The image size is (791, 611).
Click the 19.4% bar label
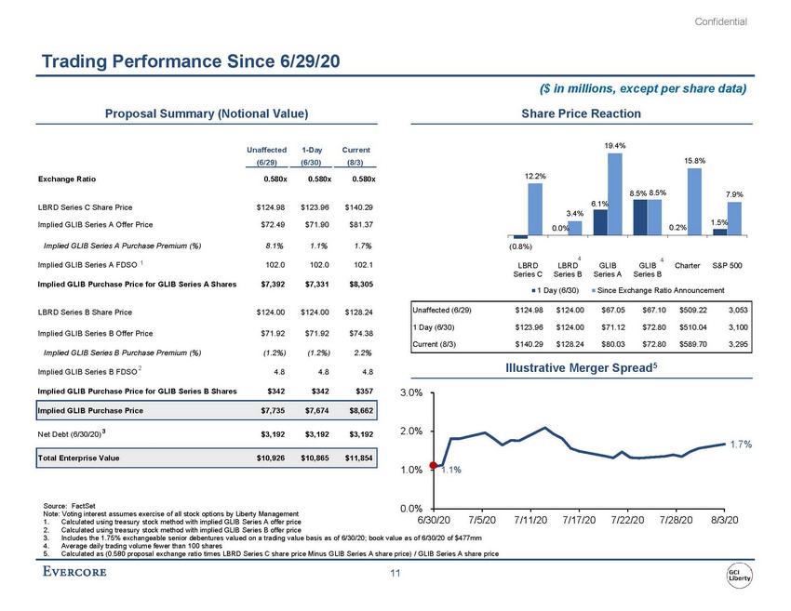(614, 145)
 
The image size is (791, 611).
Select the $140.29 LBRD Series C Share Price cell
(357, 209)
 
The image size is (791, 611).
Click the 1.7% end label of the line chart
(740, 445)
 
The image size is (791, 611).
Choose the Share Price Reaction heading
(582, 113)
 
